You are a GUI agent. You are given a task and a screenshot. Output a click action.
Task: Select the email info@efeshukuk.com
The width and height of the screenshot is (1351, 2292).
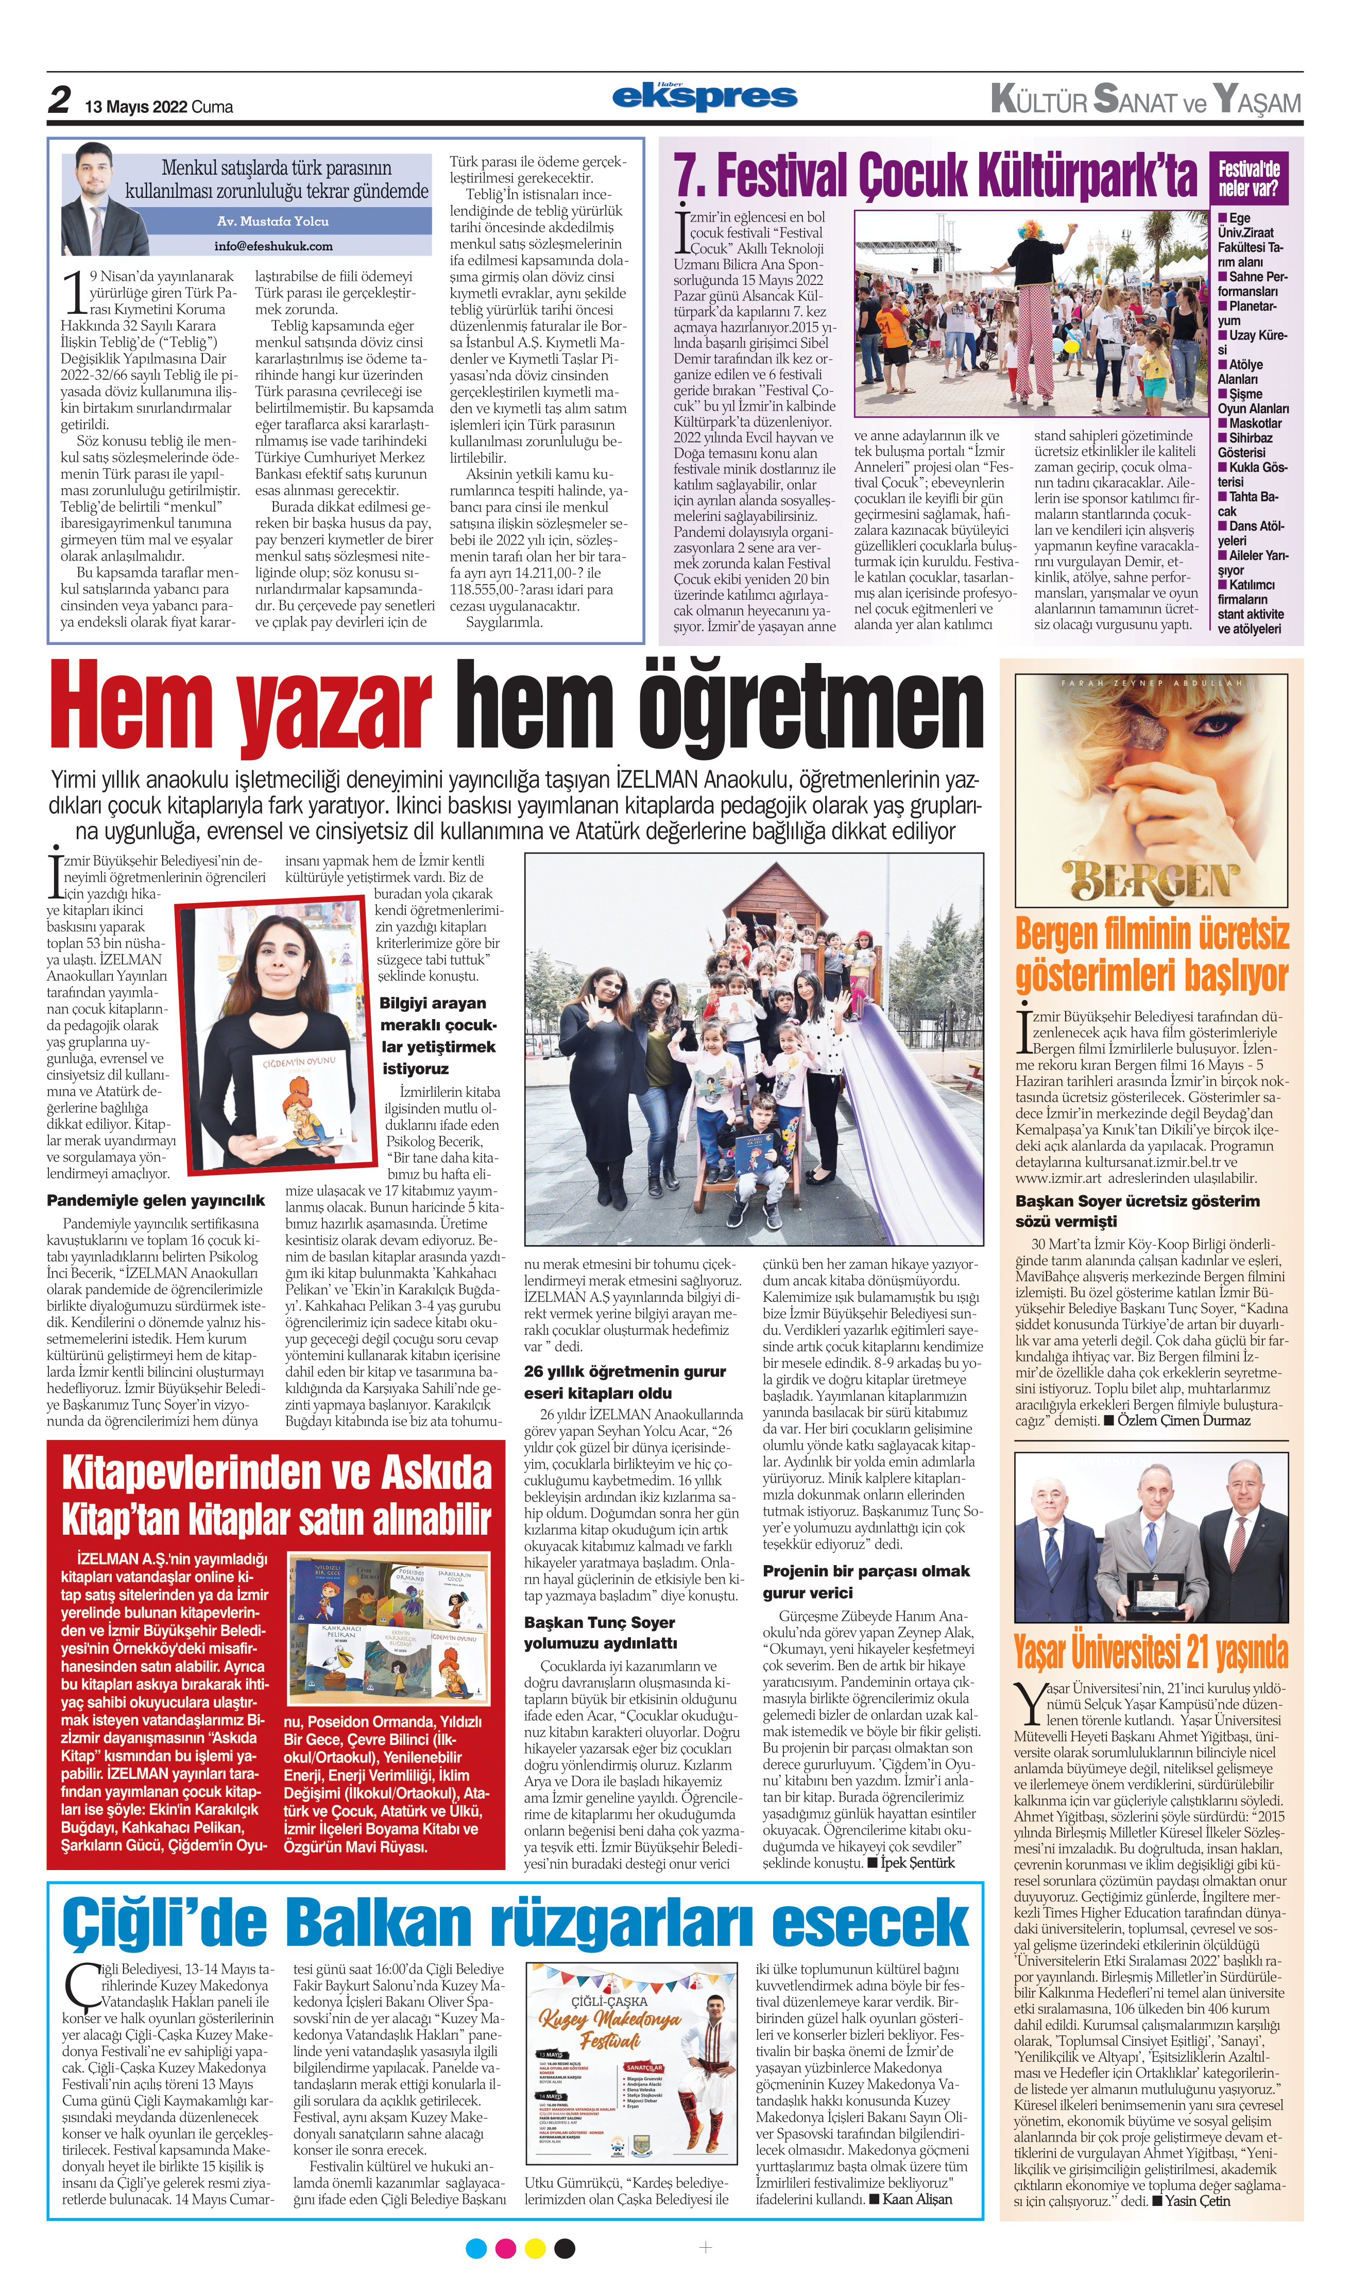[x=273, y=246]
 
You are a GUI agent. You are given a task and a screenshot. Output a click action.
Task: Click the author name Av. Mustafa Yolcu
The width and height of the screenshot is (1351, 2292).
[x=273, y=222]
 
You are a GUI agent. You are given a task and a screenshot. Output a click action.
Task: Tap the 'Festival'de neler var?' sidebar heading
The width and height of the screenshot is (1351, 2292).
[x=1249, y=178]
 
